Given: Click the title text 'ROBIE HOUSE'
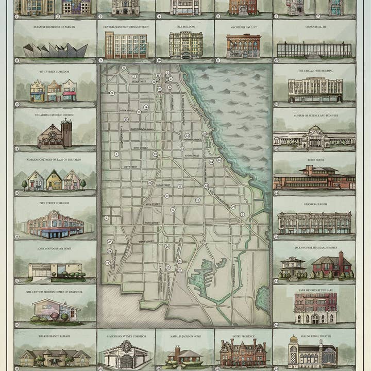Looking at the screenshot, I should pos(313,160).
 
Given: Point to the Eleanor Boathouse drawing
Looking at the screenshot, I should pos(55,50).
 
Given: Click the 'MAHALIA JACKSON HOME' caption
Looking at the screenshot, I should pos(184,336).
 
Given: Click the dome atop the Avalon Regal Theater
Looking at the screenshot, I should pos(293,341).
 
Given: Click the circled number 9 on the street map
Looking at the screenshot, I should pos(111,93).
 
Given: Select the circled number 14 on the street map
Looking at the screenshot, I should pos(146,107).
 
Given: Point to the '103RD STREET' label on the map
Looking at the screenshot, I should pos(145,241).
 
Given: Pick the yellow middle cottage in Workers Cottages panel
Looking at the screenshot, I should pos(54,180).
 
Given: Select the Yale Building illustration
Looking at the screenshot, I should pos(185,45).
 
